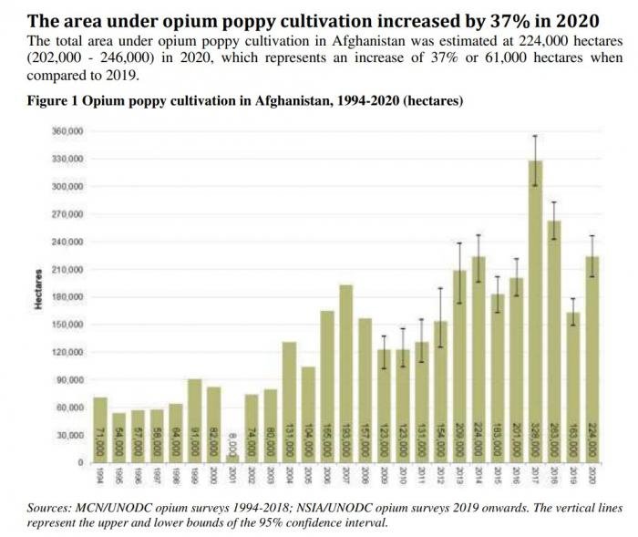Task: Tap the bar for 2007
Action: tap(346, 365)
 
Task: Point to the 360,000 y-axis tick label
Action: tap(69, 131)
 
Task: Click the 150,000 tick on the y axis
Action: tap(69, 325)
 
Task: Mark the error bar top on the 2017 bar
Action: tap(535, 136)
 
